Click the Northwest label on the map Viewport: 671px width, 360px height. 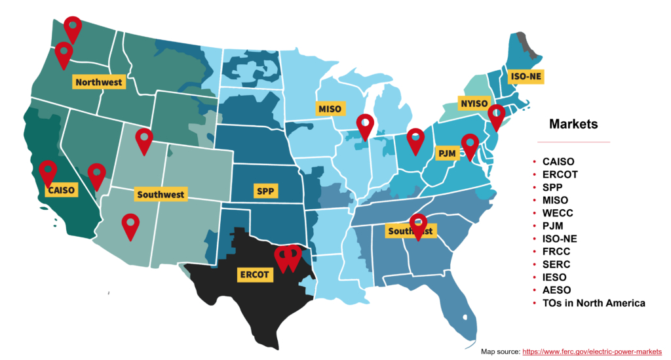[x=98, y=82]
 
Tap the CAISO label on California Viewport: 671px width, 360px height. [x=62, y=190]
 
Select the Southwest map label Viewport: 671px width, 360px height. [x=160, y=195]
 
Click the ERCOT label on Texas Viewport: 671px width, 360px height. [x=254, y=274]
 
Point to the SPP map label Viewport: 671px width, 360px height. [x=265, y=191]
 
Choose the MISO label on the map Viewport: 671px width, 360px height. [x=330, y=108]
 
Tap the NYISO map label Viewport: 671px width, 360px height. [x=474, y=103]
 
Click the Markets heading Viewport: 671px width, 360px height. [x=573, y=124]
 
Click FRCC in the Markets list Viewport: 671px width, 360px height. [x=556, y=252]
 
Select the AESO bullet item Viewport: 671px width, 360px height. [x=556, y=290]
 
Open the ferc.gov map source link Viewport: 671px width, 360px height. [x=592, y=351]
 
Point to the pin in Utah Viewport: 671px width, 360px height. [x=144, y=140]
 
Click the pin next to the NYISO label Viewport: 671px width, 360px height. [x=497, y=115]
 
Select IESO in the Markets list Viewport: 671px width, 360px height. [x=555, y=277]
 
